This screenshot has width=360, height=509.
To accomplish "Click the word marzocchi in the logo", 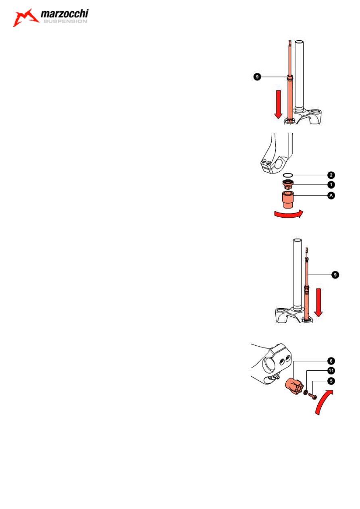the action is pyautogui.click(x=65, y=14).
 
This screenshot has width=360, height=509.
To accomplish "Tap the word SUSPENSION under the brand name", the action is pyautogui.click(x=65, y=21).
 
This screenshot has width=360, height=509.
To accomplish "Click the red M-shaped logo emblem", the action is pyautogui.click(x=26, y=18).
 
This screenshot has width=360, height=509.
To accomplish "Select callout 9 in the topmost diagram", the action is pyautogui.click(x=257, y=77).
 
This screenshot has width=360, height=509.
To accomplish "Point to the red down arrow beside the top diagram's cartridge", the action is pyautogui.click(x=278, y=104).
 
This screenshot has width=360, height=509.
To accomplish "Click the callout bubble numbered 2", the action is pyautogui.click(x=331, y=175).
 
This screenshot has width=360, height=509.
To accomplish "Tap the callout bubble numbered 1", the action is pyautogui.click(x=331, y=185).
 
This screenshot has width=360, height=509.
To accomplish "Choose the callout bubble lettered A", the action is pyautogui.click(x=331, y=195).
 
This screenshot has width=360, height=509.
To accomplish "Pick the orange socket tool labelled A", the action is pyautogui.click(x=288, y=200).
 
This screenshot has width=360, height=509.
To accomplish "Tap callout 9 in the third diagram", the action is pyautogui.click(x=335, y=275).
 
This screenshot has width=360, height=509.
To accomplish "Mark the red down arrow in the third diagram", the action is pyautogui.click(x=318, y=302).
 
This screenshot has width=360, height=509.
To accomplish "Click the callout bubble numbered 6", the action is pyautogui.click(x=331, y=361).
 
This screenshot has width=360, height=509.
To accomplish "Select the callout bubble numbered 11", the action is pyautogui.click(x=331, y=371).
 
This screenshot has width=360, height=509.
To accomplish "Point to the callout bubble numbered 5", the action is pyautogui.click(x=331, y=381).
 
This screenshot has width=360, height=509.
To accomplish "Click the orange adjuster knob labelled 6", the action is pyautogui.click(x=293, y=386).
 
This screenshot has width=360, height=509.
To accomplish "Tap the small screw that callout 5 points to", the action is pyautogui.click(x=313, y=397).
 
